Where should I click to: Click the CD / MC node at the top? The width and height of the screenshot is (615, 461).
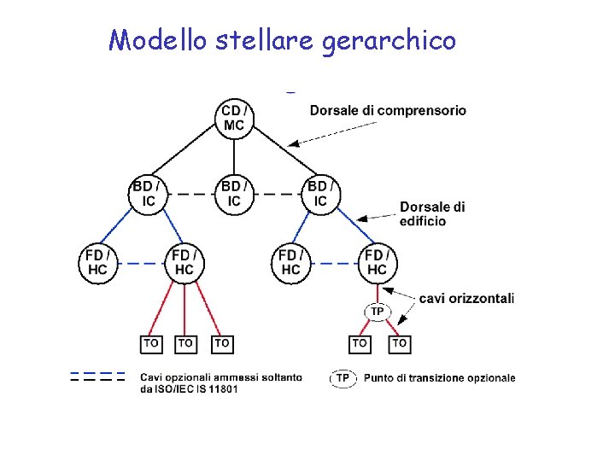(234, 118)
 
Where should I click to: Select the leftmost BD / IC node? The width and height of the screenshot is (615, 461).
(149, 194)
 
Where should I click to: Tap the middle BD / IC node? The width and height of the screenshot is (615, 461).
(234, 194)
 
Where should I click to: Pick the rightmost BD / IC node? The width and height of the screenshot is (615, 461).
(319, 194)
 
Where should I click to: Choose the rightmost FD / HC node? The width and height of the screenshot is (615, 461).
(377, 262)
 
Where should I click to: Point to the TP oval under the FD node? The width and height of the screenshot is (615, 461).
(377, 311)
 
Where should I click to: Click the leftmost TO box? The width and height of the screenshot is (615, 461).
(150, 343)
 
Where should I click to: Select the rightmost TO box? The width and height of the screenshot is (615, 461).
(399, 343)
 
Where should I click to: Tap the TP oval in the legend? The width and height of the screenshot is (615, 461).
(343, 377)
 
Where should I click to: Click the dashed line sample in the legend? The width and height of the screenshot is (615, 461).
(97, 376)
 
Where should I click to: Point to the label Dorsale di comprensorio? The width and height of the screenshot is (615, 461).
(388, 110)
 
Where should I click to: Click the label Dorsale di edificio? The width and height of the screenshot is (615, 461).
(432, 214)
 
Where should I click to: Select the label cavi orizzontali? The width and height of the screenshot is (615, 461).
(466, 298)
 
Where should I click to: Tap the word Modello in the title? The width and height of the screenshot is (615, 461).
(157, 39)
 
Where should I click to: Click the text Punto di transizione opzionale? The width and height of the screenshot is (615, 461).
(439, 377)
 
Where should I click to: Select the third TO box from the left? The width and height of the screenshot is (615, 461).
(222, 343)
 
